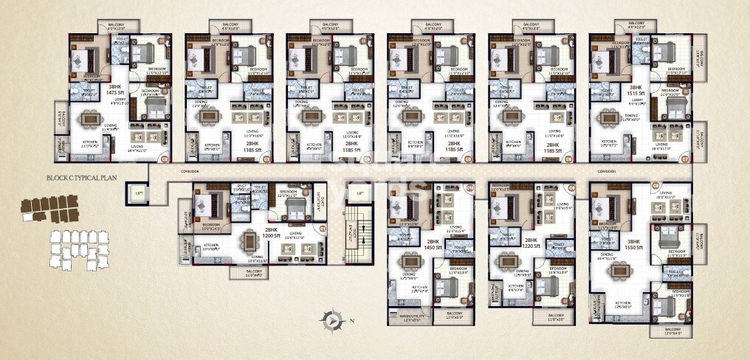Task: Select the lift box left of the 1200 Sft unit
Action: pos(137,193)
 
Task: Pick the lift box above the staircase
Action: pos(359,193)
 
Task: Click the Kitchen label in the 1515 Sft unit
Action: pos(609,142)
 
